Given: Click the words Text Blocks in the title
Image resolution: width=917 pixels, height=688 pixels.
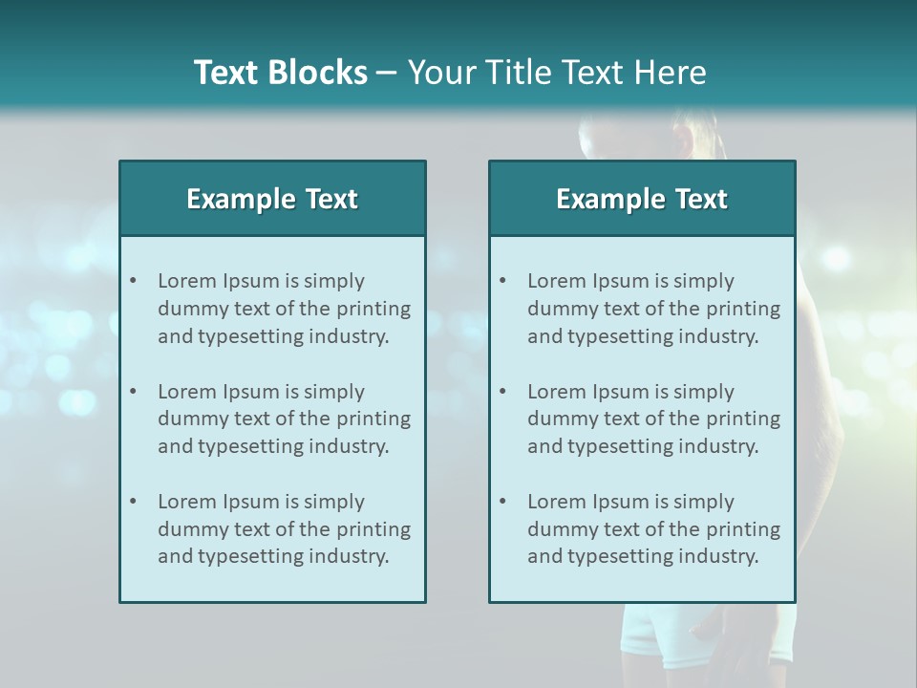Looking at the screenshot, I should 280,73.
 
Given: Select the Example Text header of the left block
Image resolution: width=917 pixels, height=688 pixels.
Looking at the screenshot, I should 272,199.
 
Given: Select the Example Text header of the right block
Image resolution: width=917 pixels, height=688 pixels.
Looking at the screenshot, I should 642,199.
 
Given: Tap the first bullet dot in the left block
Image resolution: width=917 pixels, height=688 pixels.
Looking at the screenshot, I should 133,281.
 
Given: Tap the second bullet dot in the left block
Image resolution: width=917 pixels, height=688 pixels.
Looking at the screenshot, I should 133,392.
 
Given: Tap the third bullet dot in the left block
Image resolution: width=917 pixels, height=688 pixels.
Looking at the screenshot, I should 133,502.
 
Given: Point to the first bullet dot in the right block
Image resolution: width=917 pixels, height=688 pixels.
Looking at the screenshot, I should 502,281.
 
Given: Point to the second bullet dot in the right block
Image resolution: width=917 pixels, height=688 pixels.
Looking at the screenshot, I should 502,392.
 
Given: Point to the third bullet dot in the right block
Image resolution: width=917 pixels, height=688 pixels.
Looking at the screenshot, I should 502,502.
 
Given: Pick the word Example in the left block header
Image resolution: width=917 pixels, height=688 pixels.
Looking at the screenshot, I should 241,199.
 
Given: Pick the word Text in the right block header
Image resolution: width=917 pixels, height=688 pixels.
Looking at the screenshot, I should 702,199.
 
